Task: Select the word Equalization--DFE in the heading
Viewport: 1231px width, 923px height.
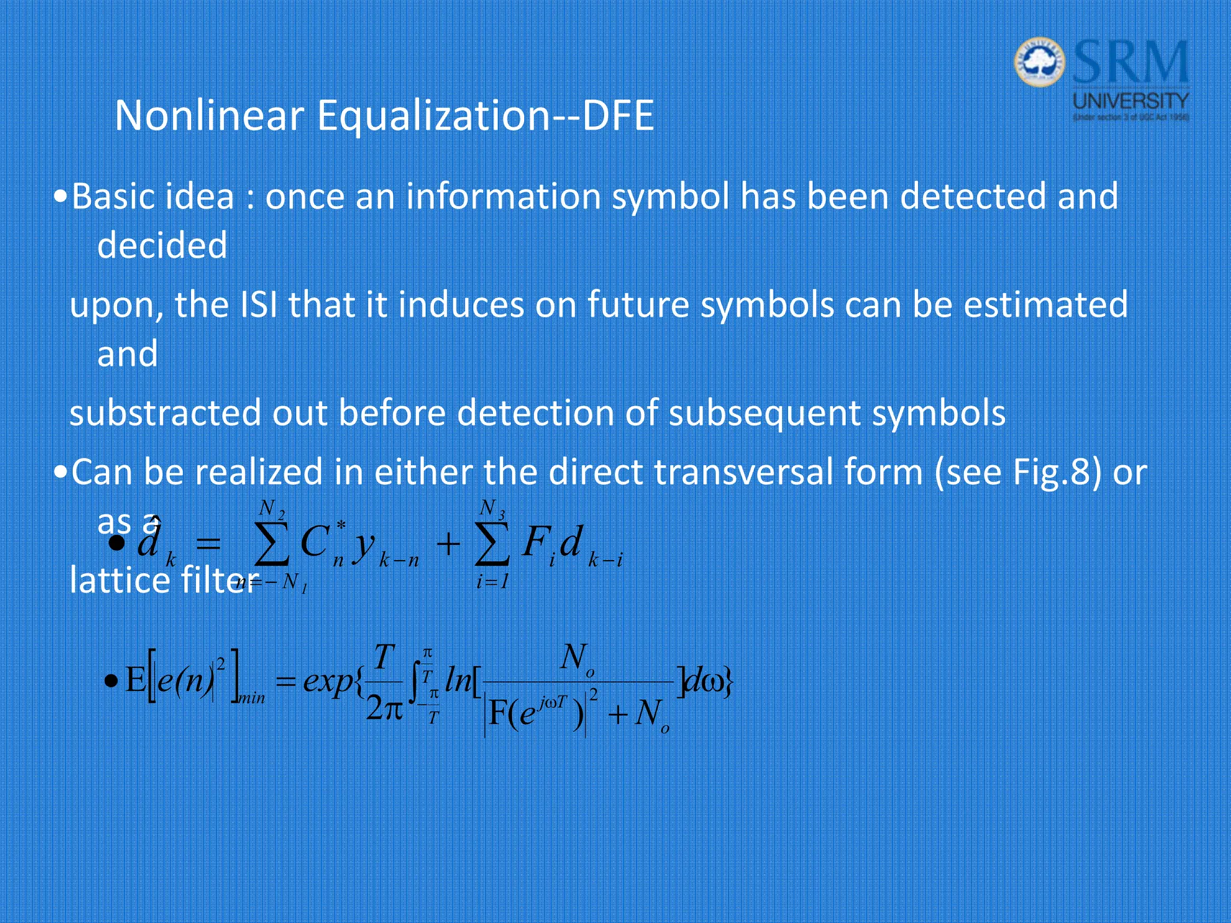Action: tap(485, 116)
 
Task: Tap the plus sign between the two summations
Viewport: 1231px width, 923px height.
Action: tap(448, 545)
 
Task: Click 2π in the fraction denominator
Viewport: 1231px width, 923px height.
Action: tap(383, 709)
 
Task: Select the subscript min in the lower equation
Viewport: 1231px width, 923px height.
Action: tap(252, 698)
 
